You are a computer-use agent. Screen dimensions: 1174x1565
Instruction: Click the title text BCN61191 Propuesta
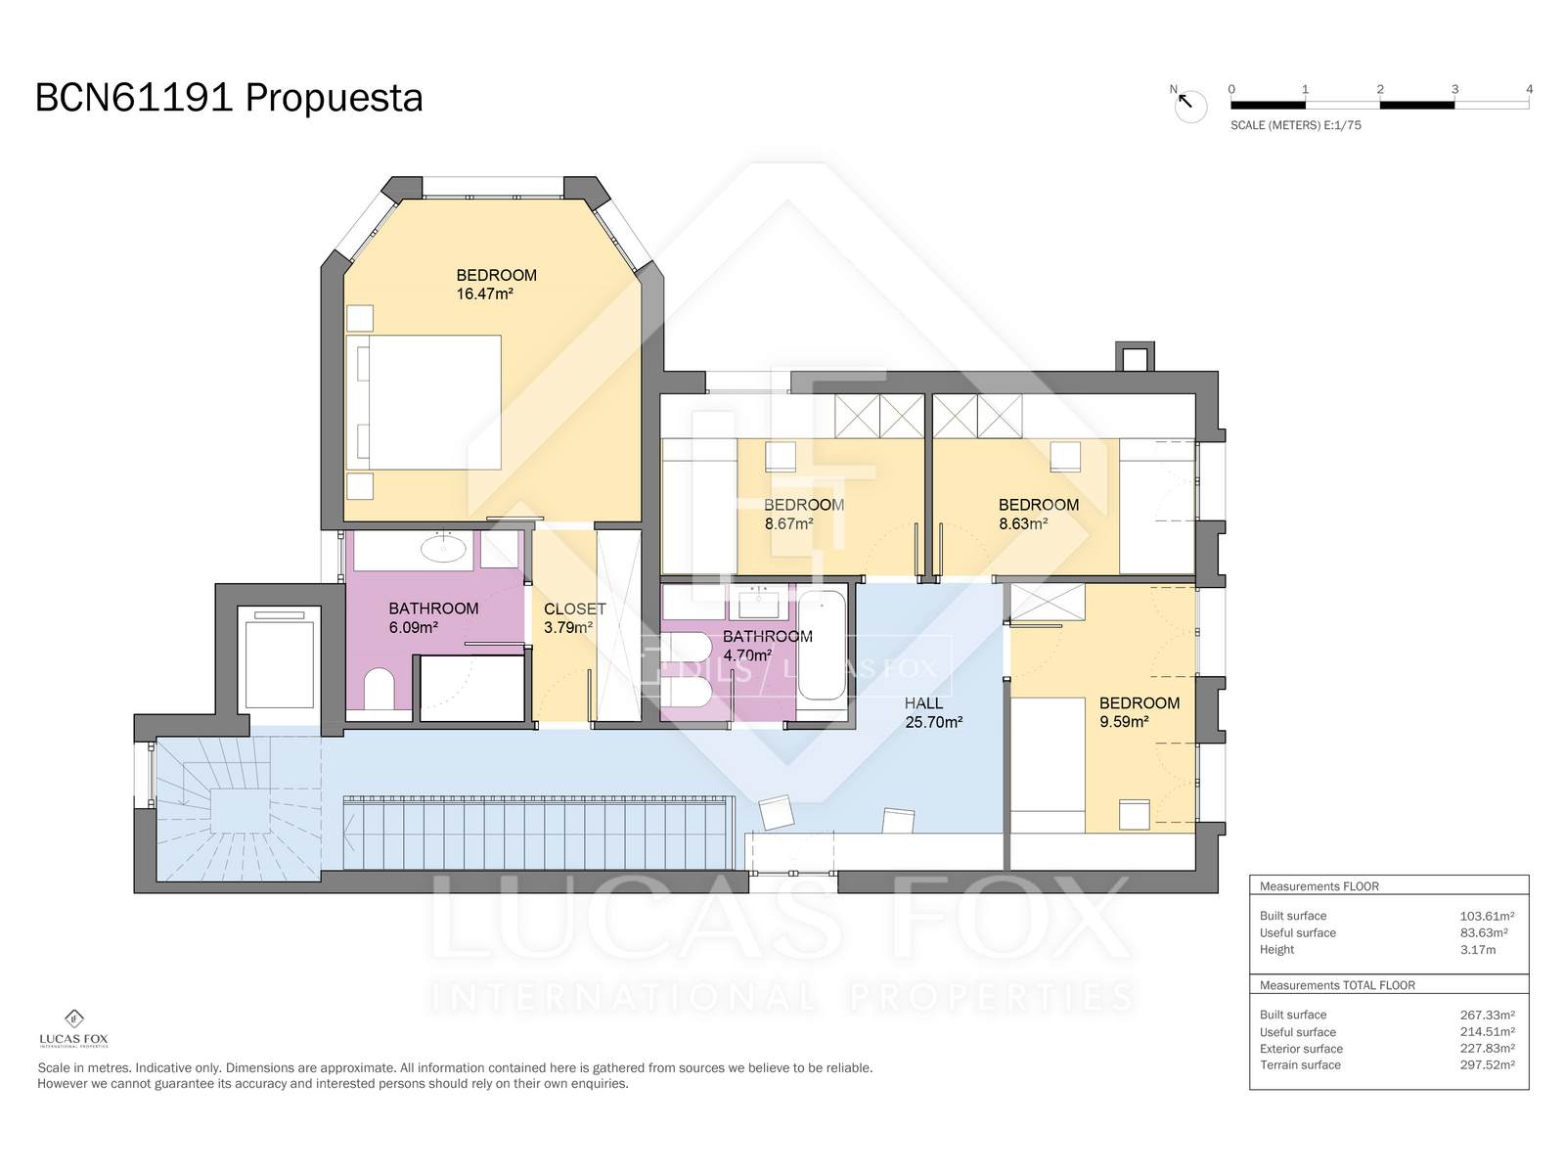click(229, 98)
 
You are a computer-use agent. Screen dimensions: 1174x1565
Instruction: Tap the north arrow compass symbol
click(1189, 105)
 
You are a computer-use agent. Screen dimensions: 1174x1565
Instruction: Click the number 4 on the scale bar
click(1529, 89)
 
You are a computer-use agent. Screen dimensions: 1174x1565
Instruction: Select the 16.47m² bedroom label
click(496, 284)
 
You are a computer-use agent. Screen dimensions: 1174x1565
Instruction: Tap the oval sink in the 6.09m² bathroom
click(444, 549)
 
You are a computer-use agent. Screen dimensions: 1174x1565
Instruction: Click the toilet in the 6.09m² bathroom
click(379, 689)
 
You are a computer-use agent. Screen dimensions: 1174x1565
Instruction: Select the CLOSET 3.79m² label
click(574, 617)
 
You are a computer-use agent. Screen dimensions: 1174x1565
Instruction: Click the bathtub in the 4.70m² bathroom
click(822, 645)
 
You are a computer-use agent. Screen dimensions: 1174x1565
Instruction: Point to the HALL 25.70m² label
click(932, 712)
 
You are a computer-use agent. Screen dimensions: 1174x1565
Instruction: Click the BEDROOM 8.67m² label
click(803, 514)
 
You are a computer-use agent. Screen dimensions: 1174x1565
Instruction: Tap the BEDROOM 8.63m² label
click(1038, 514)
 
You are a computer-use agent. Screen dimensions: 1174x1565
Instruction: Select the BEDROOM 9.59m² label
click(1139, 712)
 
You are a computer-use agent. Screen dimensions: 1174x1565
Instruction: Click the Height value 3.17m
click(1477, 949)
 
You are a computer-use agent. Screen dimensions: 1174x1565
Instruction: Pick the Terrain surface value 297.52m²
click(1487, 1064)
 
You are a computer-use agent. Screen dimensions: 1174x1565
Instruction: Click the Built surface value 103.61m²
click(1487, 916)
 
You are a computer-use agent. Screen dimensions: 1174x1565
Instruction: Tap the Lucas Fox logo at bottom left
click(73, 1028)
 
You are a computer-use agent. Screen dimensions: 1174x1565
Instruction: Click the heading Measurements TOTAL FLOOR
click(1337, 985)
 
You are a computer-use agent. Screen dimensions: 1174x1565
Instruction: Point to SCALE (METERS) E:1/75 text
click(1295, 125)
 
